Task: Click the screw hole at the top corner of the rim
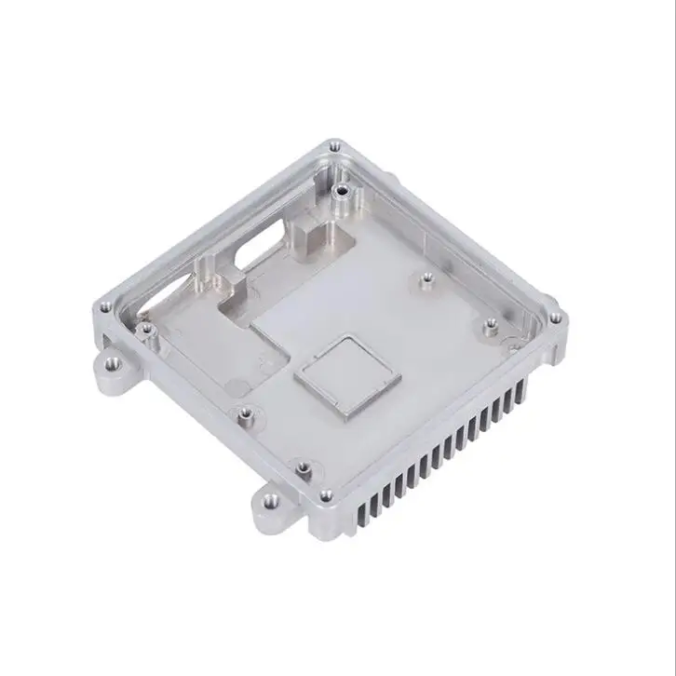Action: point(335,146)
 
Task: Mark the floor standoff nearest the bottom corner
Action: point(302,466)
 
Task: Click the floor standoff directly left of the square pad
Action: point(245,412)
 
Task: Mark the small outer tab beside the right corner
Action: point(510,346)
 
